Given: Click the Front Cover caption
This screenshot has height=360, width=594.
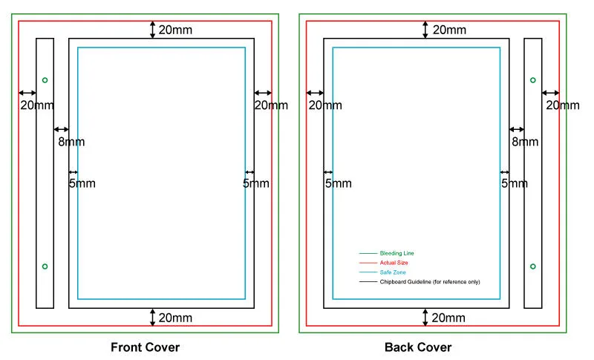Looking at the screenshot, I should coord(145,347).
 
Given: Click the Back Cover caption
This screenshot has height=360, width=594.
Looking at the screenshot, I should coord(418,347).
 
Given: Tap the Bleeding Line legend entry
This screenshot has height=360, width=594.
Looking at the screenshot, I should coord(396,253).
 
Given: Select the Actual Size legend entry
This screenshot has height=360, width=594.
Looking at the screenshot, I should coord(394,263).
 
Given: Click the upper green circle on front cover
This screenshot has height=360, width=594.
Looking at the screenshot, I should coord(45,79).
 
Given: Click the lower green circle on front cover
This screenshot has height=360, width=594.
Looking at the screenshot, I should coord(45,266).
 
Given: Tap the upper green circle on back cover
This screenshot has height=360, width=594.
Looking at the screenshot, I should coord(532,79).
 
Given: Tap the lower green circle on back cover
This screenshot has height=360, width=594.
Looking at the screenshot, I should coord(532,266).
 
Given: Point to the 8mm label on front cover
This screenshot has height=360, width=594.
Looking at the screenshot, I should coord(71,142).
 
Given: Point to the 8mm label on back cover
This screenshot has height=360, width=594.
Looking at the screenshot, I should coord(524,142).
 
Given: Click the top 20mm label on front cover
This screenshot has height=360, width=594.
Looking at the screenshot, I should coord(175,30).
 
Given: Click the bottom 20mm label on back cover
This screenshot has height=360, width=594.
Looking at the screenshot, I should coord(449,318).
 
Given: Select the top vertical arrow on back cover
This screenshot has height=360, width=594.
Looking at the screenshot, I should coord(425,30).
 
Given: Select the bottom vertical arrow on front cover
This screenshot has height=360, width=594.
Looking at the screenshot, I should coord(153,317).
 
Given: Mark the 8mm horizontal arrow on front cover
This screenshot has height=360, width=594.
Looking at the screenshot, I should coord(61,130).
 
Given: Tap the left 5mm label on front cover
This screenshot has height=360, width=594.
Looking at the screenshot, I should coord(82,183).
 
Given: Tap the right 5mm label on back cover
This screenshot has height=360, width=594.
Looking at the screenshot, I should coord(514,183).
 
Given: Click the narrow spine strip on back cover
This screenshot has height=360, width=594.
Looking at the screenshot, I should coord(532,172).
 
